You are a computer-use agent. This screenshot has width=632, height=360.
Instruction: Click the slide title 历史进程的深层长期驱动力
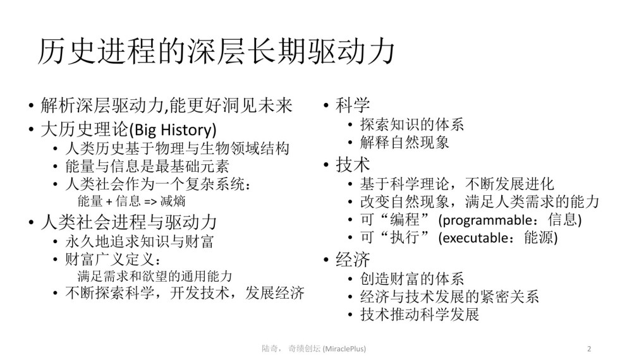pos(216,52)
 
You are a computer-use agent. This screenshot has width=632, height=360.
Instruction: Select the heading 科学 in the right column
pos(353,105)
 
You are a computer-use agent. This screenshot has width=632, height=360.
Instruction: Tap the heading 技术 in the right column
pos(353,165)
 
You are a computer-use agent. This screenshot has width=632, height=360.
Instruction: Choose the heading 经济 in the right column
pos(353,260)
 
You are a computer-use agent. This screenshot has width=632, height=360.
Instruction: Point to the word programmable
pos(487,220)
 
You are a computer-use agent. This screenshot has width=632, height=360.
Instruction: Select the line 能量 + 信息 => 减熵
pos(131,201)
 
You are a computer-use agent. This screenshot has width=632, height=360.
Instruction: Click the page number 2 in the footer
pos(589,349)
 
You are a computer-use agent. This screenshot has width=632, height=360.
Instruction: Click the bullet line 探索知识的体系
pos(412,124)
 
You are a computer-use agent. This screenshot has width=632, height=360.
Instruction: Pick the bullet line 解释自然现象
pos(404,142)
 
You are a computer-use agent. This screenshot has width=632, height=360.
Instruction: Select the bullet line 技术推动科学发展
pos(420,314)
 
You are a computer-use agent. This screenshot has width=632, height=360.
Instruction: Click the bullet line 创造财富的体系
pos(412,279)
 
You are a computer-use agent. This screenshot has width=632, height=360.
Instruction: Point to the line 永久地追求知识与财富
pos(140,242)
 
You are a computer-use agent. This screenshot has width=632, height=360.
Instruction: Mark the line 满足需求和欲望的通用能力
pos(155,276)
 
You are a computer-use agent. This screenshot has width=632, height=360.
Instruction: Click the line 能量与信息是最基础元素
pos(147,166)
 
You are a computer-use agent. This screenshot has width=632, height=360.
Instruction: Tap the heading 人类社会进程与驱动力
pos(129,222)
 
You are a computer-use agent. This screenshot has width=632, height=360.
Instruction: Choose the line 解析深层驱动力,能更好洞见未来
pos(166,105)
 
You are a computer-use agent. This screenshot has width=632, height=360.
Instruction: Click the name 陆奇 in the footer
pos(270,349)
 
